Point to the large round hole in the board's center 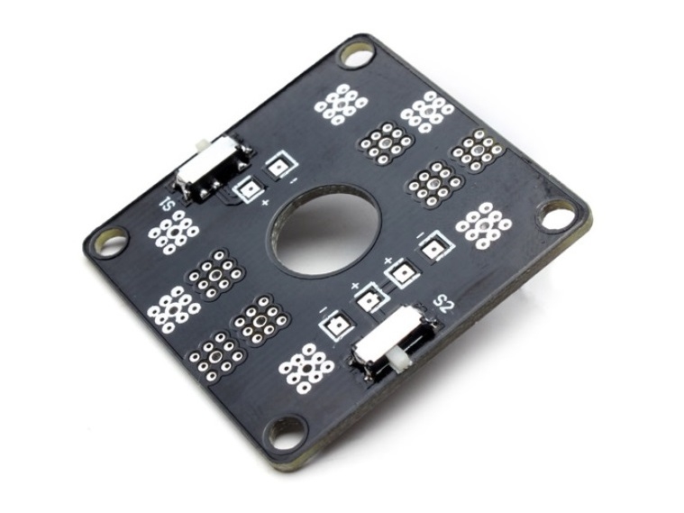324,229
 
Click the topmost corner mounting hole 358,53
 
